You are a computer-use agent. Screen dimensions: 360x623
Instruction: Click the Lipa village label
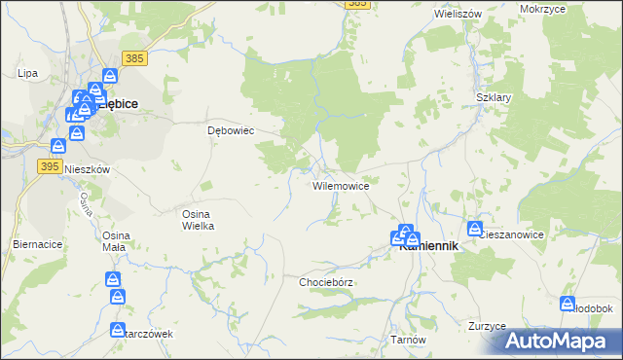pyautogui.click(x=27, y=73)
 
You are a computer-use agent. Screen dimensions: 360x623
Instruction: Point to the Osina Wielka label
pyautogui.click(x=198, y=219)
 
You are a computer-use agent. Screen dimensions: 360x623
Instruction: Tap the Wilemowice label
pyautogui.click(x=340, y=185)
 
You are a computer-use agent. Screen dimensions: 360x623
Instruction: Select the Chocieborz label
pyautogui.click(x=325, y=282)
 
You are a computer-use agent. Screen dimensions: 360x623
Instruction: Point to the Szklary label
pyautogui.click(x=494, y=98)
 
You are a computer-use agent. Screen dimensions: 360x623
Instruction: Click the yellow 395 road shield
pyautogui.click(x=51, y=166)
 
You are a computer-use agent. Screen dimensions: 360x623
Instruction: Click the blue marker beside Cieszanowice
pyautogui.click(x=474, y=230)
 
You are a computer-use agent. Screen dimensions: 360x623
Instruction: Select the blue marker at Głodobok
pyautogui.click(x=568, y=304)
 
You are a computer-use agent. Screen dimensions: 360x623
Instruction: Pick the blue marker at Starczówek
pyautogui.click(x=118, y=330)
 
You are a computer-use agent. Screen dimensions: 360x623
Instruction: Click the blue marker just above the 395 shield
pyautogui.click(x=58, y=145)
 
